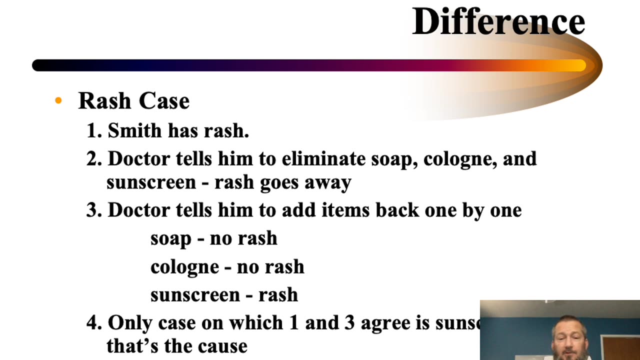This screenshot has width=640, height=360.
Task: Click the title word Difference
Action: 498,21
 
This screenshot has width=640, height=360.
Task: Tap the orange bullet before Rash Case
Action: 58,101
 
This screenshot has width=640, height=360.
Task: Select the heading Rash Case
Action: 134,101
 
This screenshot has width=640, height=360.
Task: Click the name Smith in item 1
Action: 135,131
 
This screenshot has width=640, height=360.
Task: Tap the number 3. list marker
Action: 94,210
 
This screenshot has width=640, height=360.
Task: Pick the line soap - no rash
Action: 213,238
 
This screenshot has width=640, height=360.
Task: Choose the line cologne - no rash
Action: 227,267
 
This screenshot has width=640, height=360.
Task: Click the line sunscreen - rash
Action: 224,295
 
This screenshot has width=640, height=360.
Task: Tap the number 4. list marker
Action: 94,323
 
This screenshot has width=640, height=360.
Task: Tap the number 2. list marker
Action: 94,159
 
